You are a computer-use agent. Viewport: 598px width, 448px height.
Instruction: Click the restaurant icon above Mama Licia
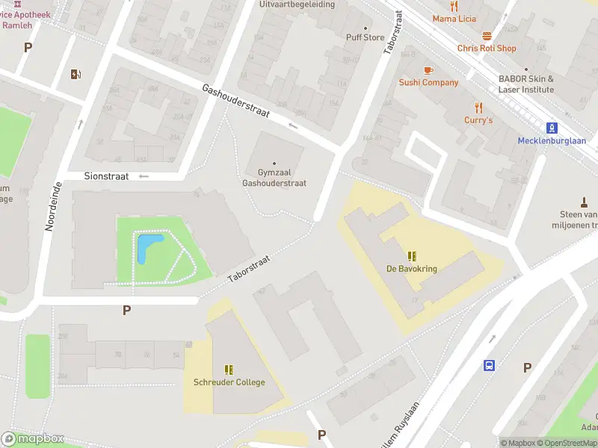pyautogui.click(x=454, y=6)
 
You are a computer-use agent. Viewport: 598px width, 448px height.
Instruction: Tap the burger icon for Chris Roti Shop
pyautogui.click(x=487, y=36)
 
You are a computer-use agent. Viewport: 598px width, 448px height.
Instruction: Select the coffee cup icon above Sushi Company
pyautogui.click(x=428, y=70)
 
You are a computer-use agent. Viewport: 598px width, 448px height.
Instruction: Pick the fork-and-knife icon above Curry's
pyautogui.click(x=478, y=108)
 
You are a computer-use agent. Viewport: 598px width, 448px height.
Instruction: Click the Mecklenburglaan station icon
pyautogui.click(x=552, y=128)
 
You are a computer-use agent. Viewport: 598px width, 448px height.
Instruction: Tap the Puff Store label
pyautogui.click(x=365, y=37)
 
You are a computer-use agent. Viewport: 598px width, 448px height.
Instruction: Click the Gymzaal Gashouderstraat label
pyautogui.click(x=273, y=178)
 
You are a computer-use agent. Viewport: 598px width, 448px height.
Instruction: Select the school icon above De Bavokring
pyautogui.click(x=412, y=256)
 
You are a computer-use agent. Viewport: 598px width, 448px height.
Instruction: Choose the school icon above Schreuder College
pyautogui.click(x=229, y=370)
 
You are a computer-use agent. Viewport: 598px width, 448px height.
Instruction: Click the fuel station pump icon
pyautogui.click(x=75, y=74)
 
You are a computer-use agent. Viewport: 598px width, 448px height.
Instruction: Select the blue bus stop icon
pyautogui.click(x=489, y=365)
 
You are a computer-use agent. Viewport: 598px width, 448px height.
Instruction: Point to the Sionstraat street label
pyautogui.click(x=107, y=176)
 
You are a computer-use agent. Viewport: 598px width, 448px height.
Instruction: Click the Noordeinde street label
pyautogui.click(x=52, y=206)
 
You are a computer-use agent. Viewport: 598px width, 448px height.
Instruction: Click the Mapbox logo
pyautogui.click(x=33, y=439)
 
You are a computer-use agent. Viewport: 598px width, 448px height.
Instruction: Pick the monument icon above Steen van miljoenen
pyautogui.click(x=584, y=202)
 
